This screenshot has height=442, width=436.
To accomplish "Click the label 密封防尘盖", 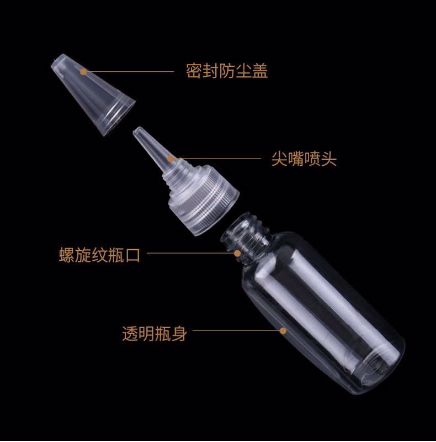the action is click(x=227, y=71).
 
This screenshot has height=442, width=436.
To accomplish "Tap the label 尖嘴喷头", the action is click(x=304, y=159).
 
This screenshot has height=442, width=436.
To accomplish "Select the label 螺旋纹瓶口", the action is click(x=99, y=255).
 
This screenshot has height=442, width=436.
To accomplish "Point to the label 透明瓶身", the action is click(x=155, y=334).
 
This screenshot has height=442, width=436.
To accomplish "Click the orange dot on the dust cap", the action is click(x=83, y=72).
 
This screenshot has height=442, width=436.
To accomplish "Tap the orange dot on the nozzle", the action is click(x=171, y=159).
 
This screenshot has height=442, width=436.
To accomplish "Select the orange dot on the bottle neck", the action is click(x=237, y=253).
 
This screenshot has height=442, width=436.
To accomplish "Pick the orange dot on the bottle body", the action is click(x=283, y=330).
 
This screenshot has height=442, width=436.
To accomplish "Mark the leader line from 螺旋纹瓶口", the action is click(x=190, y=253).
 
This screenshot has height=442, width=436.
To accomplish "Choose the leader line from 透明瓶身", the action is click(x=236, y=330).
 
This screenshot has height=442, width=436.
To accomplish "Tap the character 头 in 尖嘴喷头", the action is click(x=329, y=159).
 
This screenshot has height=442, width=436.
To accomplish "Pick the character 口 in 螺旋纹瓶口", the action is click(x=132, y=255).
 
